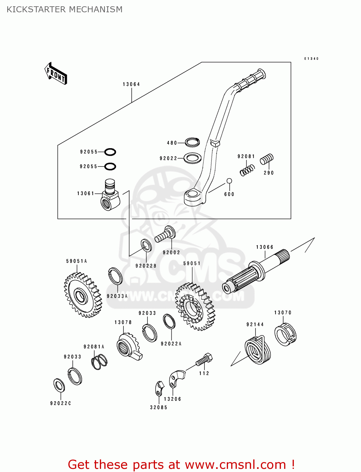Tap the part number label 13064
[x=131, y=84]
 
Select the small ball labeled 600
[x=229, y=181]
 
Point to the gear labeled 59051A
[x=83, y=295]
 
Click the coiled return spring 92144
[x=258, y=350]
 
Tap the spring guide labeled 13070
[x=285, y=334]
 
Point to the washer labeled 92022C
[x=59, y=385]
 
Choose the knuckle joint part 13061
[x=110, y=195]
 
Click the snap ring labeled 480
[x=192, y=142]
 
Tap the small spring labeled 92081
[x=247, y=170]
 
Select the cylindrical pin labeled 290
[x=266, y=159]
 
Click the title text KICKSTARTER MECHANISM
[x=65, y=9]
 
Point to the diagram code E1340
[x=311, y=59]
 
